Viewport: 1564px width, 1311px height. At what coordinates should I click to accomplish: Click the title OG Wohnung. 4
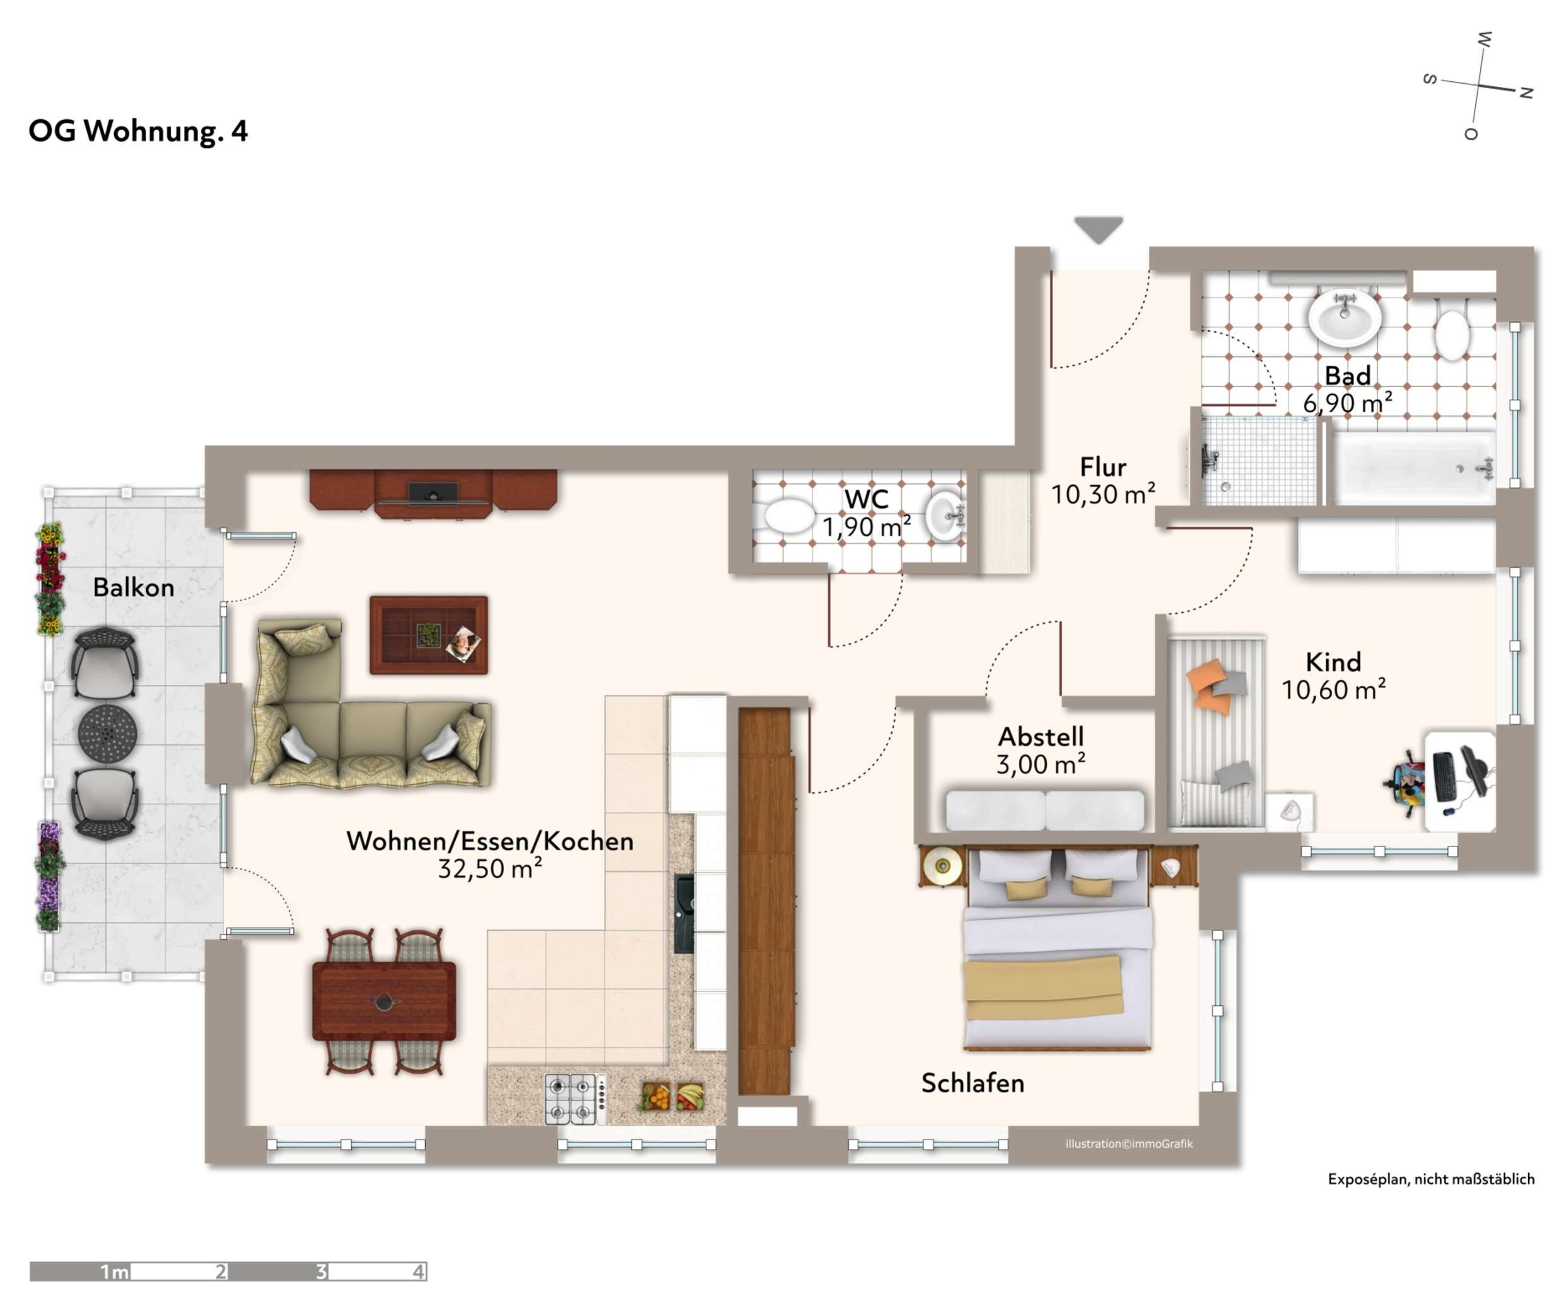pyautogui.click(x=137, y=131)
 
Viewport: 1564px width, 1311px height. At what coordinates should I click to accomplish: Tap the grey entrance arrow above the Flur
pyautogui.click(x=1098, y=229)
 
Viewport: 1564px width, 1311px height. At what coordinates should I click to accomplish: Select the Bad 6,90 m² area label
pyautogui.click(x=1346, y=390)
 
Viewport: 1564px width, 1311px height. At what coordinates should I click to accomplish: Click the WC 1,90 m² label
pyautogui.click(x=866, y=513)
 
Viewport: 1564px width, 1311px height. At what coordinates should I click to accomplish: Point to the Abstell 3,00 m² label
pyautogui.click(x=1041, y=749)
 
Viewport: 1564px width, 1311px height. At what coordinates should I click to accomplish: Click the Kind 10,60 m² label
pyautogui.click(x=1333, y=675)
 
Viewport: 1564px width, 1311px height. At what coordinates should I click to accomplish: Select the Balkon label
pyautogui.click(x=133, y=587)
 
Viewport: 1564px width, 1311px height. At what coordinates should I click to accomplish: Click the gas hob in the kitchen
pyautogui.click(x=571, y=1099)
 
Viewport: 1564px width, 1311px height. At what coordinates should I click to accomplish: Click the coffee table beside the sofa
pyautogui.click(x=428, y=635)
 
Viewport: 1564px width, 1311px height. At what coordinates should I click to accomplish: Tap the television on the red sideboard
pyautogui.click(x=433, y=492)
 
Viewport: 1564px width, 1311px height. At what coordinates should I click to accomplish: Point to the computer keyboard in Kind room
pyautogui.click(x=1444, y=777)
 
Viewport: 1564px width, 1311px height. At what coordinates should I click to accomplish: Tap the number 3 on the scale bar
pyautogui.click(x=321, y=1271)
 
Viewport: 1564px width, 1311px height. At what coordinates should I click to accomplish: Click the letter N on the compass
pyautogui.click(x=1526, y=93)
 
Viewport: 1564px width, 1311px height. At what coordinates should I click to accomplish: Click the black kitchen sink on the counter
pyautogui.click(x=683, y=913)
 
